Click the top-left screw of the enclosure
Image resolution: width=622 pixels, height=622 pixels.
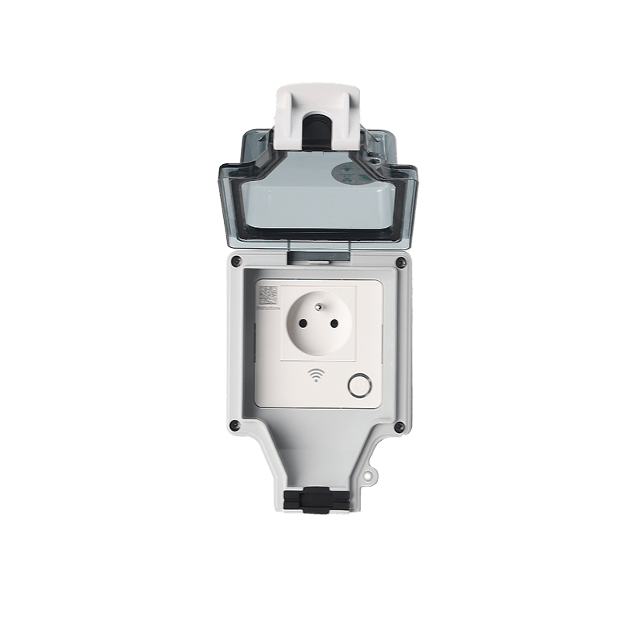235,262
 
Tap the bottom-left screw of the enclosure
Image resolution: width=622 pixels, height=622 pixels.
234,424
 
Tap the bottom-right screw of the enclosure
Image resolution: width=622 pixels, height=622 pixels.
397,425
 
